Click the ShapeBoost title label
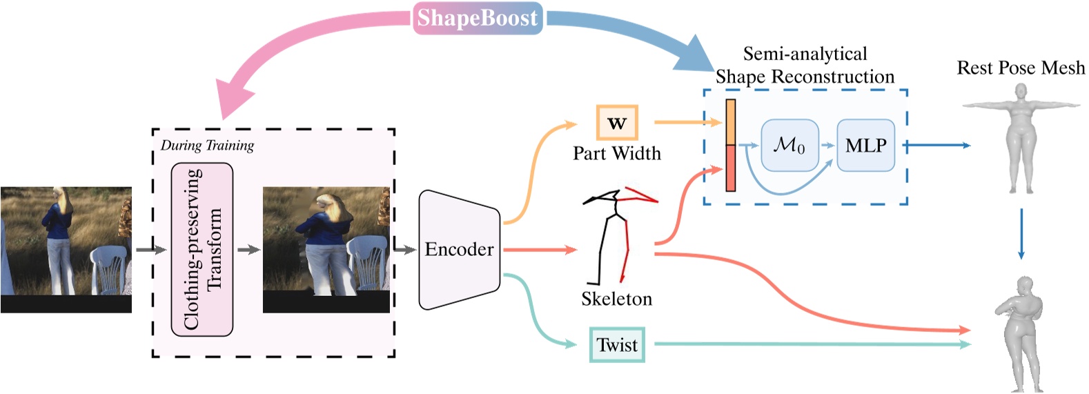pos(477,17)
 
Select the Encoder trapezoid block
pos(459,249)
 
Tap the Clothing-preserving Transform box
pos(202,249)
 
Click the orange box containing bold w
pos(617,123)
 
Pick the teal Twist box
pos(617,345)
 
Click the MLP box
pos(865,146)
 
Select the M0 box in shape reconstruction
pos(789,146)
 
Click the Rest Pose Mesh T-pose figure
pos(1021,138)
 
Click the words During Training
pos(207,146)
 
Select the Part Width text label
pos(617,153)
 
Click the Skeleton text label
pos(616,299)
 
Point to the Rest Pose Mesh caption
pos(1020,68)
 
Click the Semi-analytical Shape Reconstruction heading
pos(805,65)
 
